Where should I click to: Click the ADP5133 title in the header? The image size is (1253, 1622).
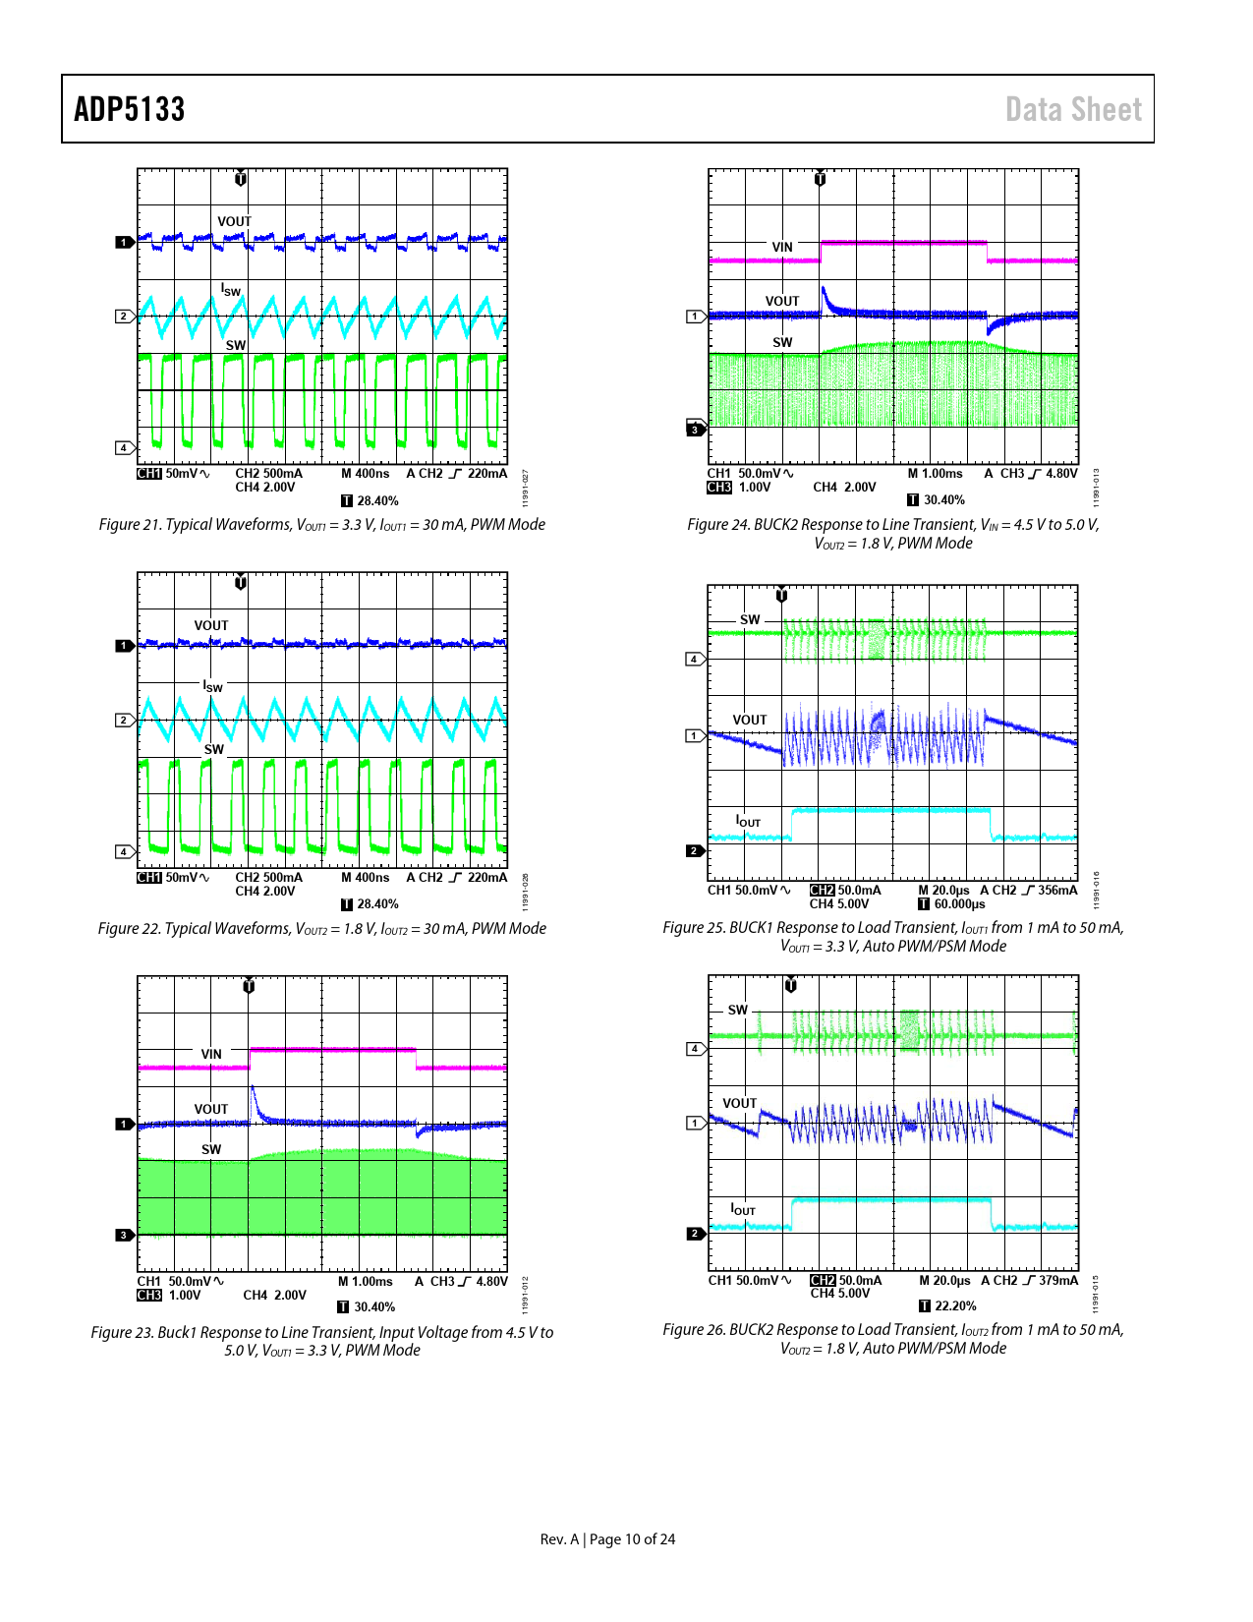130,109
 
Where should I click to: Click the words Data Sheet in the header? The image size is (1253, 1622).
1073,109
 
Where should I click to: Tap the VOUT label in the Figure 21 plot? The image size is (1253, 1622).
234,221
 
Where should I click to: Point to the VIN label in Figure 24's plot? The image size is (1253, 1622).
782,247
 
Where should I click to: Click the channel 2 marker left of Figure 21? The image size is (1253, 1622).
124,317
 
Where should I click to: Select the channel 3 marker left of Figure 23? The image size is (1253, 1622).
124,1236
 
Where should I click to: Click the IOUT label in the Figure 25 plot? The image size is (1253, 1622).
748,821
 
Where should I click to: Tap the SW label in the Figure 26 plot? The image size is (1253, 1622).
738,1010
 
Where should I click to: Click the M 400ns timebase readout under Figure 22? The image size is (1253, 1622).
365,878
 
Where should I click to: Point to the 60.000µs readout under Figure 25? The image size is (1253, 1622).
959,904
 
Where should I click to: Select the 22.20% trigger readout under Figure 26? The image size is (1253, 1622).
955,1306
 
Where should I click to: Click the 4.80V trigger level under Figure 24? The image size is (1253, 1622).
1061,474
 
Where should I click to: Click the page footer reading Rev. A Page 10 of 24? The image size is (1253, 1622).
607,1539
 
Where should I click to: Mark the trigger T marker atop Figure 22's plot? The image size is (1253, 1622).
241,582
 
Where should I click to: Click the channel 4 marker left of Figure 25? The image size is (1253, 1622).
695,659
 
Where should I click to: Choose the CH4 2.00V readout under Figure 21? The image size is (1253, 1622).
265,488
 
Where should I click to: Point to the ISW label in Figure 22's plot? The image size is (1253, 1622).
213,686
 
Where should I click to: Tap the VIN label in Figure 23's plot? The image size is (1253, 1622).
211,1054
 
